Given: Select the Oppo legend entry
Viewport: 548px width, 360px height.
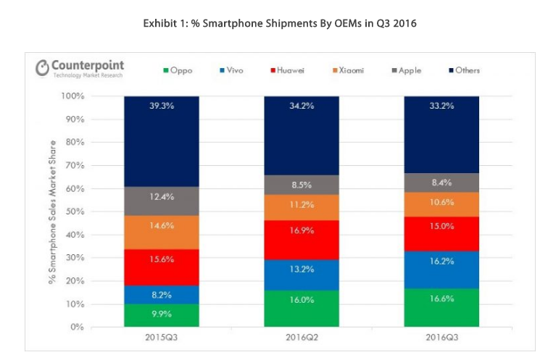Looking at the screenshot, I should point(178,70).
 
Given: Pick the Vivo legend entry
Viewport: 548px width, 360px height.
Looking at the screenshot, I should point(233,70).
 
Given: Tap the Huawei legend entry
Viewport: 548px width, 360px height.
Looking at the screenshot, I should point(288,70).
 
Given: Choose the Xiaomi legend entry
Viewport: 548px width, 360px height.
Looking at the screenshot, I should point(349,70).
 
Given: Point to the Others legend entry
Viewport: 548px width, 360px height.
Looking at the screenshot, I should point(464,70).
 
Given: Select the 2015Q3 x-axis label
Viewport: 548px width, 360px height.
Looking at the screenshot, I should point(161,338).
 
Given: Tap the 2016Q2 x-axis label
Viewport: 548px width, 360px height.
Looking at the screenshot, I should point(302,338).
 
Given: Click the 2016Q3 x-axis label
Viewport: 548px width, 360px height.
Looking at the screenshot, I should point(441,338).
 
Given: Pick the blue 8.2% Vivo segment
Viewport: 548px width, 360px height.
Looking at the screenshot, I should point(161,295).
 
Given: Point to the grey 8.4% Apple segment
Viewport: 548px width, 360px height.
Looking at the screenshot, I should point(441,183).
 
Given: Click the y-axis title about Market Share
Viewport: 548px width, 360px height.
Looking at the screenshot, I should point(53,212).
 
